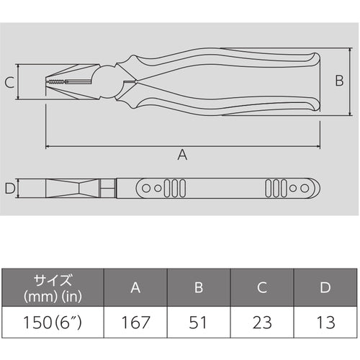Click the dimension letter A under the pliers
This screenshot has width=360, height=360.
(x=182, y=155)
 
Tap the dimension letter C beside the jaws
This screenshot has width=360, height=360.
(x=9, y=84)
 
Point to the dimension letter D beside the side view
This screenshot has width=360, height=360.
(x=9, y=189)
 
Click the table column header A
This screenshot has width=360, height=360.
(x=135, y=288)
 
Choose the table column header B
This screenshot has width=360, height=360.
(x=199, y=288)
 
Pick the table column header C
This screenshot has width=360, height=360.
(x=263, y=288)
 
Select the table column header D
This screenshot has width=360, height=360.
(x=325, y=288)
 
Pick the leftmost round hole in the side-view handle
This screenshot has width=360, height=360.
(x=147, y=189)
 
